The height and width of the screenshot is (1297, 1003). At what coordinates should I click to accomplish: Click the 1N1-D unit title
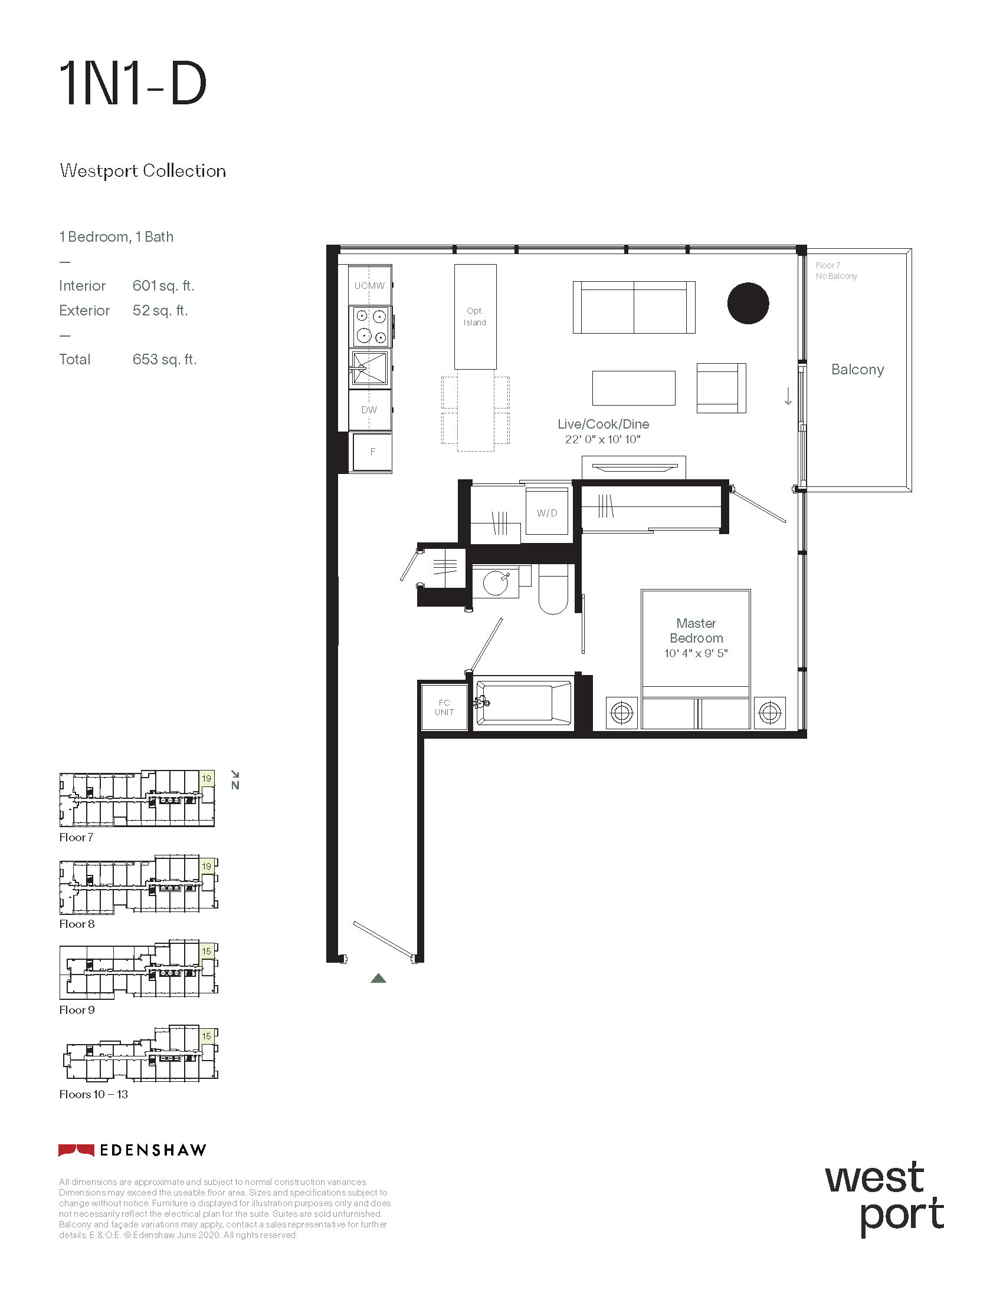pos(133,84)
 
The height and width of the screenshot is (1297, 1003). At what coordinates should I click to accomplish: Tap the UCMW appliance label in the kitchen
pos(369,286)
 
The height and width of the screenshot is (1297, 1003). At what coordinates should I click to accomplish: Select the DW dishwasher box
pos(369,410)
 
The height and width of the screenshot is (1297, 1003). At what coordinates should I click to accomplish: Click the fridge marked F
pos(372,452)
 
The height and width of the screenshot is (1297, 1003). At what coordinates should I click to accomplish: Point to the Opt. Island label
pos(475,317)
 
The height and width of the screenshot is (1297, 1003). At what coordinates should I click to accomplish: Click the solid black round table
pos(748,303)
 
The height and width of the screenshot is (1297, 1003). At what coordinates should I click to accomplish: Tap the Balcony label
pos(857,370)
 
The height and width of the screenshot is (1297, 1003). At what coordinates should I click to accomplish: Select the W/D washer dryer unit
pos(548,512)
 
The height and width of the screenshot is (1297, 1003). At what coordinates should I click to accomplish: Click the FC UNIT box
pos(444,707)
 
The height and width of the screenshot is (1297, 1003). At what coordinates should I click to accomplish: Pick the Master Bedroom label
pos(696,631)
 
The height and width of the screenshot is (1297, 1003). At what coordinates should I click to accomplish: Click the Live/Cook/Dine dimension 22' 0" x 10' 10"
pos(602,439)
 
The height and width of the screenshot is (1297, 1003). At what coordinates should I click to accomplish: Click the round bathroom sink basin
pos(496,583)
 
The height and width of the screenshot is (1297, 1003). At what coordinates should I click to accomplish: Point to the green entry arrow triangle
pos(379,978)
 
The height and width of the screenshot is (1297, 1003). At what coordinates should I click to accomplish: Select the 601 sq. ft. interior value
pos(163,286)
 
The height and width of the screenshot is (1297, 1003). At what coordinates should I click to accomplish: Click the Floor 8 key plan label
pos(77,924)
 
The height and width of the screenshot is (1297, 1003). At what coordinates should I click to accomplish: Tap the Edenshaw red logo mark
pos(76,1150)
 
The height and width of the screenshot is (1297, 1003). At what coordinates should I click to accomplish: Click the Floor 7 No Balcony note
pos(836,271)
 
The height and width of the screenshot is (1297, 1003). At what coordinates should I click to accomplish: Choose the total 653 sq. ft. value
pos(164,359)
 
